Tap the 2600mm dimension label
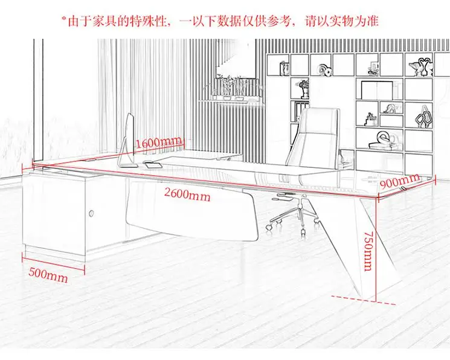tap(188, 194)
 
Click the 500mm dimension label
tap(48, 277)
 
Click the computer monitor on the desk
tap(127, 141)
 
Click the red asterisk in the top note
tap(63, 19)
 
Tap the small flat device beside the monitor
tap(155, 166)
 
